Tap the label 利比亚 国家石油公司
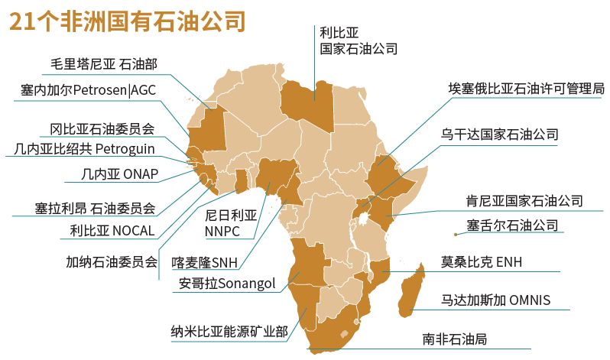coord(358,40)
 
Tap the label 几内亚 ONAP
coord(119,174)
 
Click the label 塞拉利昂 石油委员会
coord(95,207)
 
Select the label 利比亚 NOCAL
coord(112,230)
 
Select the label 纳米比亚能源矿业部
coord(229,331)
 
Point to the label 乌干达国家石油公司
coord(499,135)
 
